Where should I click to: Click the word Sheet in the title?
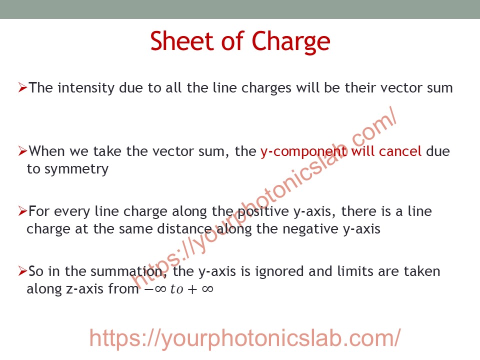coord(181,41)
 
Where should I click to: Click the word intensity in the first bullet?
coord(85,88)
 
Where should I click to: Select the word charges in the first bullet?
coord(266,88)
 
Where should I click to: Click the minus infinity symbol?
coord(155,289)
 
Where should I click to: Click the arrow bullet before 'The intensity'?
coord(22,87)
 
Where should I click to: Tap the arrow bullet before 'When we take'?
coord(22,151)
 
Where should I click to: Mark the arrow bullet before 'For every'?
coord(22,211)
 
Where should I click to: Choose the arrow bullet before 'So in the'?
coord(22,271)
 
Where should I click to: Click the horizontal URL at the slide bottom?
coord(245,338)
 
